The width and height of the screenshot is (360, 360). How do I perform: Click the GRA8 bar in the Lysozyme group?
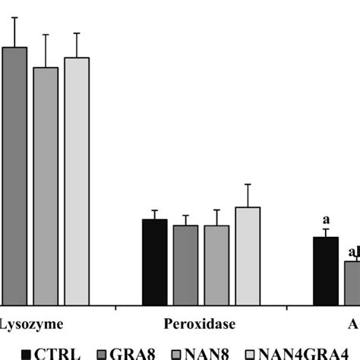14,175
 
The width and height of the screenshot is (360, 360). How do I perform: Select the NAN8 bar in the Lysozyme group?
45,186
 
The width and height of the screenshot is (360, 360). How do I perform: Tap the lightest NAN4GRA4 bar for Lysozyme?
76,181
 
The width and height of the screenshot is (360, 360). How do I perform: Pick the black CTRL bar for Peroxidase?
155,262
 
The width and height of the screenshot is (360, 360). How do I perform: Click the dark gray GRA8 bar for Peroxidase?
185,265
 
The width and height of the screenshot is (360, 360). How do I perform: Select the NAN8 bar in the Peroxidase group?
216,265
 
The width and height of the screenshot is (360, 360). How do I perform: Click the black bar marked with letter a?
326,270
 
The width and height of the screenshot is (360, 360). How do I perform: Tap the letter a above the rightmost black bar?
326,221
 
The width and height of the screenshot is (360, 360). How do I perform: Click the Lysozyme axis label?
26,323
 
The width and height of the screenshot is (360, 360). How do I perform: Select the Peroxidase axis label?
200,323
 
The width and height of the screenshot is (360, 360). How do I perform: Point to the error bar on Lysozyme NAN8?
45,50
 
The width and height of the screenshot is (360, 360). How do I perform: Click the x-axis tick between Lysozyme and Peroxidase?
115,308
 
